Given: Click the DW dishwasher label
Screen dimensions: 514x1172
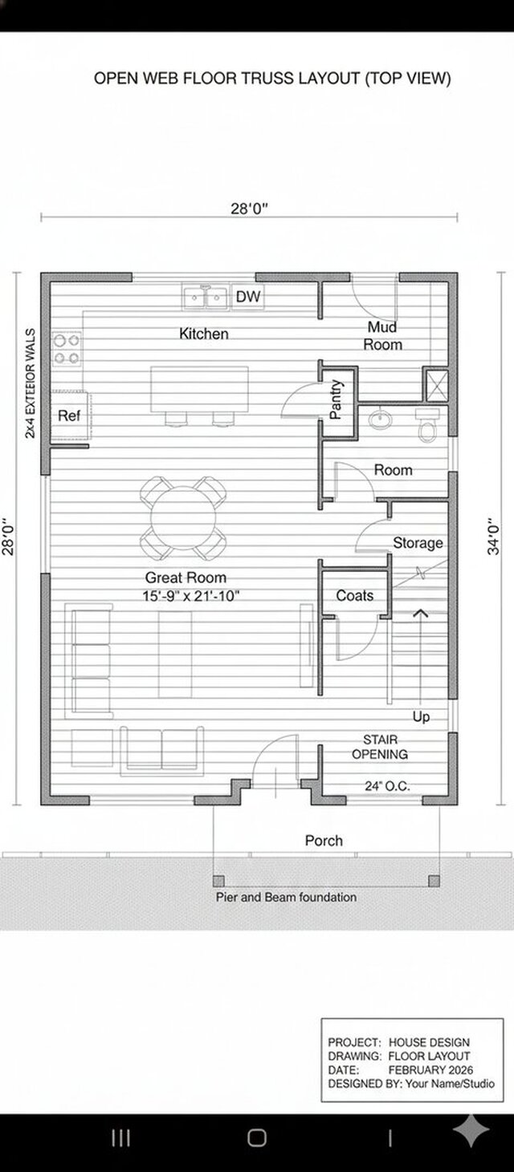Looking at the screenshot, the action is (x=248, y=297).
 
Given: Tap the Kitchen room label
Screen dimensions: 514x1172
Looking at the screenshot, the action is (x=204, y=334).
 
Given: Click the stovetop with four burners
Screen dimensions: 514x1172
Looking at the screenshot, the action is (x=67, y=349).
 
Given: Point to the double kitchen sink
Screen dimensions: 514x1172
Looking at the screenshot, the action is (x=206, y=298).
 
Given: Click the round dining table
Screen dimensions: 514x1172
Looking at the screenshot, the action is (x=183, y=518).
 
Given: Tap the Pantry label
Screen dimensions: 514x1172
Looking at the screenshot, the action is (x=336, y=399).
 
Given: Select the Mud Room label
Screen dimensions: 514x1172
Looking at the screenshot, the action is (x=382, y=336).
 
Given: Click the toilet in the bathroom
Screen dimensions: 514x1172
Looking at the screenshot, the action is (x=427, y=425).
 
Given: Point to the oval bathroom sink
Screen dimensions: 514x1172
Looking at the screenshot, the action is (x=380, y=420).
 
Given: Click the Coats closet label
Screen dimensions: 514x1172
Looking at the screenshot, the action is (x=355, y=595).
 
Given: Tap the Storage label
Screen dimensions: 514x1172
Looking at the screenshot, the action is (x=418, y=544).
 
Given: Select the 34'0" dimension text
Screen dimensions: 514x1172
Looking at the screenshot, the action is (x=493, y=537).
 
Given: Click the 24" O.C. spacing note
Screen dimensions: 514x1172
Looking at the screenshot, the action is (x=387, y=786).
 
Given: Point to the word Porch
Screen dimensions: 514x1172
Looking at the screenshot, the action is (x=324, y=841).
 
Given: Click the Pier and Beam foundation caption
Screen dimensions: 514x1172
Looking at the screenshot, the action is (x=286, y=898).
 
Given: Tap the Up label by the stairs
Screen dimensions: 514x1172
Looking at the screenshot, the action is (x=421, y=717).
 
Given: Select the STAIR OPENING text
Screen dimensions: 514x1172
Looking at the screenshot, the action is (x=380, y=747).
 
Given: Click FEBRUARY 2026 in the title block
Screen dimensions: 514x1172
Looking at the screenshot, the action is (x=430, y=1070).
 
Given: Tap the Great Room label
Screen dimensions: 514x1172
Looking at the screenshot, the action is (x=186, y=578).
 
